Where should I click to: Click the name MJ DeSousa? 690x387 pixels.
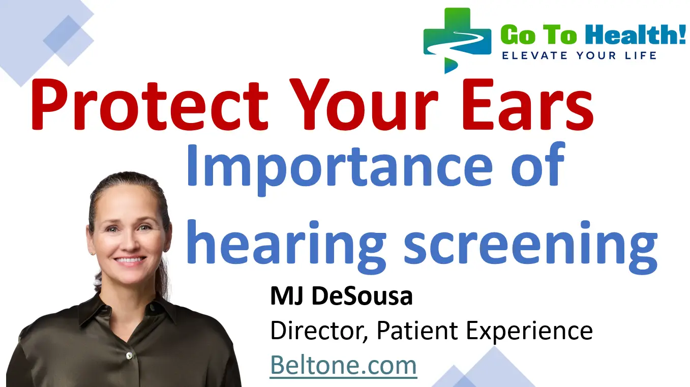(341, 297)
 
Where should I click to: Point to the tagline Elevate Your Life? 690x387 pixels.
(579, 55)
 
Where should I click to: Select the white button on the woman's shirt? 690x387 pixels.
(129, 354)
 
